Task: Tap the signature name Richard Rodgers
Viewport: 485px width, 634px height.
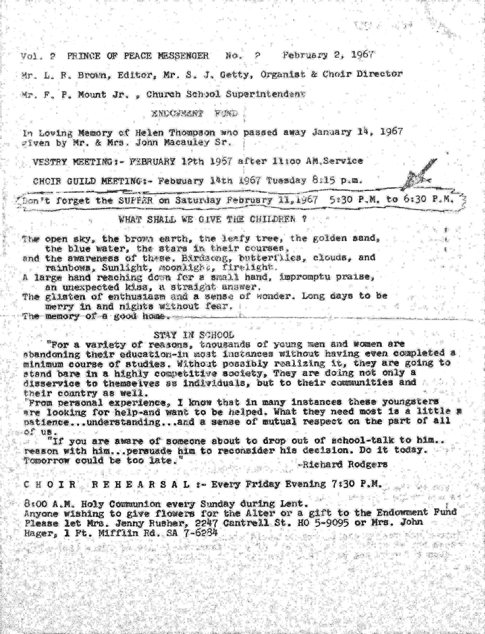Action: click(344, 464)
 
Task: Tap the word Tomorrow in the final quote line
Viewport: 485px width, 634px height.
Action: click(47, 461)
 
